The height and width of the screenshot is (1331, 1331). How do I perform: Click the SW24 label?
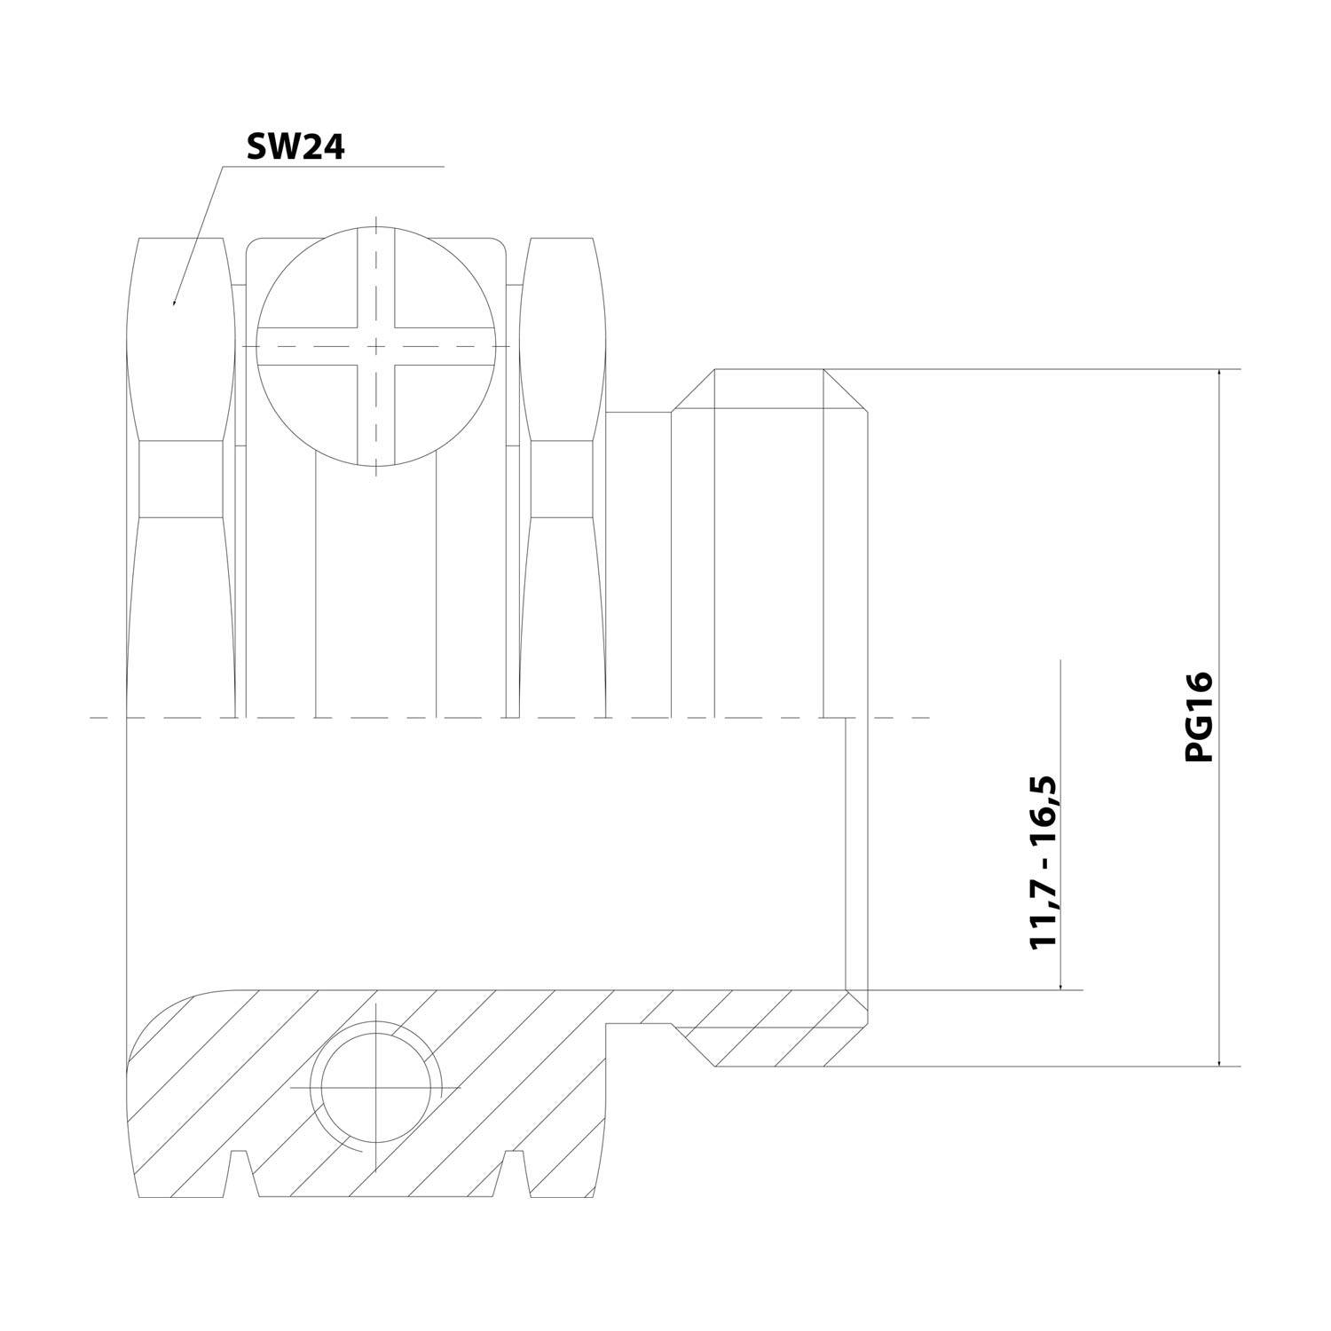coord(295,147)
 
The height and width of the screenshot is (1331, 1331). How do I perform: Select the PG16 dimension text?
coord(1198,716)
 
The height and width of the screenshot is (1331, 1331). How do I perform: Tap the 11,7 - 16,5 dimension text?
coord(1044,862)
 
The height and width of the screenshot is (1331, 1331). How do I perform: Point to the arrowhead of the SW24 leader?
coord(175,301)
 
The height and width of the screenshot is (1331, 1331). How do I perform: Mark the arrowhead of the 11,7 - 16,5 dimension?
coord(1060,982)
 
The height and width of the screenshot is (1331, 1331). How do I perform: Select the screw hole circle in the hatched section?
coord(376,1087)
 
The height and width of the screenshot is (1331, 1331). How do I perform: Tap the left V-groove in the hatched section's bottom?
coord(240,1171)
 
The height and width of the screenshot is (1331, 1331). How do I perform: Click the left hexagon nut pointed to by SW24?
coord(182,479)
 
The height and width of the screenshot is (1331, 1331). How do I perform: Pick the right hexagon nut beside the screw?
coord(563,479)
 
